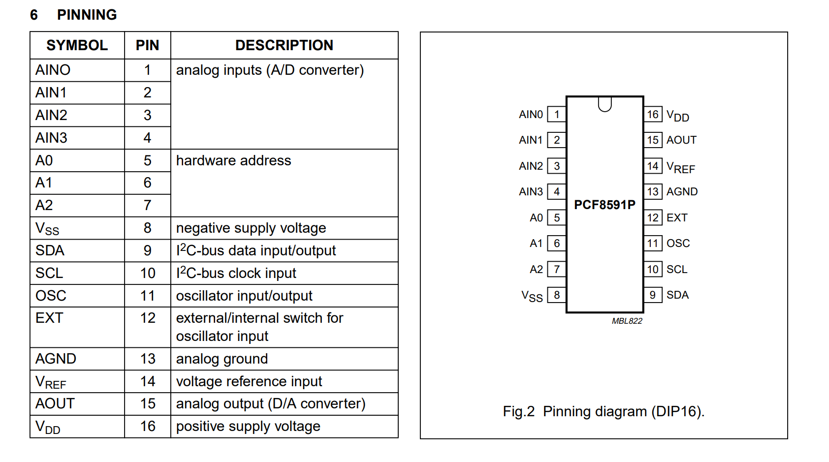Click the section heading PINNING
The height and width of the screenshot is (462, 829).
87,15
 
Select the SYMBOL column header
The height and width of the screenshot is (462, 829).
77,45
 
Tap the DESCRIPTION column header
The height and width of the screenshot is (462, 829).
284,45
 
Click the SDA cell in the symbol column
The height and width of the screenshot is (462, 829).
50,250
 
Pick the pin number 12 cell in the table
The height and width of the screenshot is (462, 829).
148,318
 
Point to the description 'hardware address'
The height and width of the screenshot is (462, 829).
233,160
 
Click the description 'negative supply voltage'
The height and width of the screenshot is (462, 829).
251,228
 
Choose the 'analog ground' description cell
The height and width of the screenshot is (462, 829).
222,359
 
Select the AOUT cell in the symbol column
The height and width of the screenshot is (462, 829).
55,403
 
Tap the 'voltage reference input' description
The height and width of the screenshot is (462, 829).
249,381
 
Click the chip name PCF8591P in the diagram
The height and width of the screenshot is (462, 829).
605,205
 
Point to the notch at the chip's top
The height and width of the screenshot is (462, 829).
605,103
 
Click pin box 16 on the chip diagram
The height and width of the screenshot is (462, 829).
653,114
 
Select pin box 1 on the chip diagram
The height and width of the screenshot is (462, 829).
557,114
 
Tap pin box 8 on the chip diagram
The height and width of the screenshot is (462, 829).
557,295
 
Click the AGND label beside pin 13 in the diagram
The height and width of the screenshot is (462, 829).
682,191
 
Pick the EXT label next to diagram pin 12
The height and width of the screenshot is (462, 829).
677,217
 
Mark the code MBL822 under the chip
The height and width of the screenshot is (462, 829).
627,321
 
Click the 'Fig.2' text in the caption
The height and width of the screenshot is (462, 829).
518,411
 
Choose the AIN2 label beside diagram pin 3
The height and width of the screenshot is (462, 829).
531,166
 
